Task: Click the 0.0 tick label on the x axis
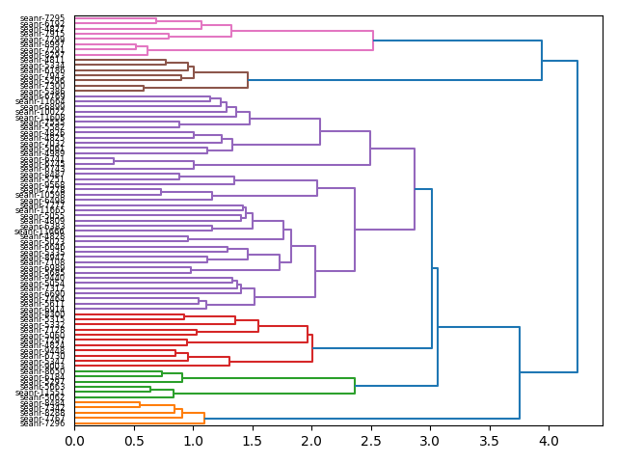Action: tap(74, 442)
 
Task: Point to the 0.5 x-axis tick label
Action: tap(134, 442)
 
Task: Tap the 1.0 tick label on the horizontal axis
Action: tap(193, 442)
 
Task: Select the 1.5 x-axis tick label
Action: tap(253, 442)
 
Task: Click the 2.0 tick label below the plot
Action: tap(311, 442)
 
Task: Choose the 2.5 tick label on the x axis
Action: tap(371, 442)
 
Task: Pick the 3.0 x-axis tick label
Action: tap(430, 442)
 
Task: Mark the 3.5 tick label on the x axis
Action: tap(490, 442)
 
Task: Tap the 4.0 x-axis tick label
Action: tap(549, 442)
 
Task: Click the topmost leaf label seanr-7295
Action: tap(42, 18)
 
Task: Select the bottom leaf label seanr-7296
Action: tap(42, 423)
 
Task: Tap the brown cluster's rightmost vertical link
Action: tap(248, 80)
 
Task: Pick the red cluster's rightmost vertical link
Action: tap(312, 348)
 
